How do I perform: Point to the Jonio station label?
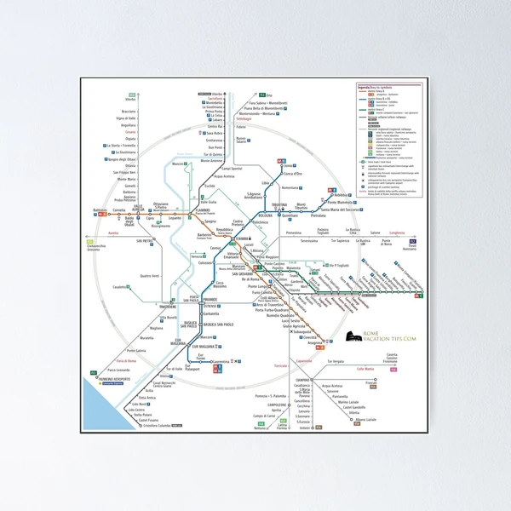click(288, 165)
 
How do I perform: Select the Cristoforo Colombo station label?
click(141, 425)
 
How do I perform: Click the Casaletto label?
click(120, 287)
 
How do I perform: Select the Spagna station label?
click(210, 221)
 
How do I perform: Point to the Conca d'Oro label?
click(293, 174)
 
